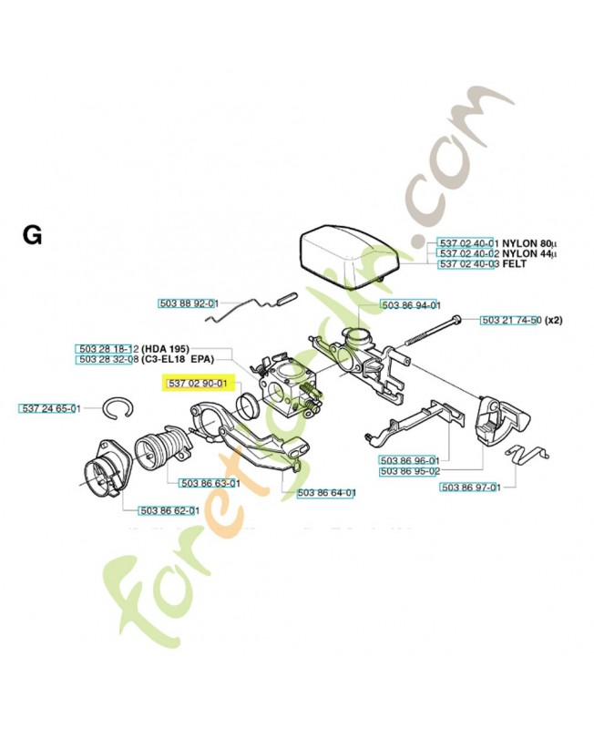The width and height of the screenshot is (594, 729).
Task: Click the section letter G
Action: click(32, 236)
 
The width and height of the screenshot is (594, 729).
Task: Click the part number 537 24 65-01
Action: click(50, 409)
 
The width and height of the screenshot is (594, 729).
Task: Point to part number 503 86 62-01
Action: click(169, 511)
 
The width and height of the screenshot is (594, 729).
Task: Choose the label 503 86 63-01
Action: click(210, 483)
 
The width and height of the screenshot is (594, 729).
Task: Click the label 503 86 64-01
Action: click(326, 493)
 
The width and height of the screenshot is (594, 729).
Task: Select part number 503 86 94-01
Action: click(410, 305)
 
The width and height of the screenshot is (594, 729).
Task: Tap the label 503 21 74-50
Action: click(510, 320)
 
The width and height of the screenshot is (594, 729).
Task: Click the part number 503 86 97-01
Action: click(470, 488)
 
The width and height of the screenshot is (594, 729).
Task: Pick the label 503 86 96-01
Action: click(409, 460)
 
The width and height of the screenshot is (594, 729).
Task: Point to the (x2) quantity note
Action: click(555, 320)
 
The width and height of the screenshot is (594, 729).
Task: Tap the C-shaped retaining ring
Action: click(116, 409)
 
